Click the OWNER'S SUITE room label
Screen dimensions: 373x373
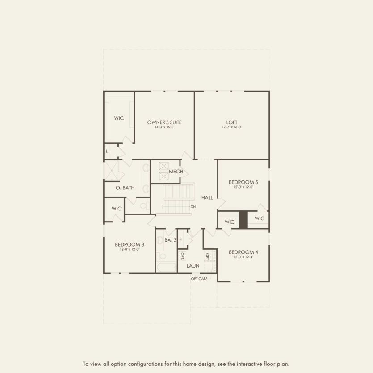tap(164, 122)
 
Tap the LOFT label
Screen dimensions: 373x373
tap(232, 122)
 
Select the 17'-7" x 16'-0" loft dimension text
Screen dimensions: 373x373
tap(232, 127)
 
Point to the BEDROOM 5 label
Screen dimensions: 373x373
tap(243, 182)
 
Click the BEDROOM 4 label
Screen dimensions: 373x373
tap(243, 252)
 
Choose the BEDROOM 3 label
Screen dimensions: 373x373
tap(130, 244)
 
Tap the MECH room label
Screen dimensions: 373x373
tap(176, 172)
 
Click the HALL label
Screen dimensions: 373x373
tap(207, 197)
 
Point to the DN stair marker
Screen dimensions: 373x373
tap(193, 207)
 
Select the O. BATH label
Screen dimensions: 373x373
tap(125, 188)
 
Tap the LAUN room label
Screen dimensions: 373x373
tap(193, 266)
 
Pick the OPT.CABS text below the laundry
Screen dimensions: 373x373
tap(199, 279)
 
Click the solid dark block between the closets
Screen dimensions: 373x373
tap(243, 220)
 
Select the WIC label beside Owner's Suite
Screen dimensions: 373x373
tap(119, 118)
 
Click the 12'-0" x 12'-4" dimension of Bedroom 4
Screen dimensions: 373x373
tap(243, 257)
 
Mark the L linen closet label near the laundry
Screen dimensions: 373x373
tap(181, 239)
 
